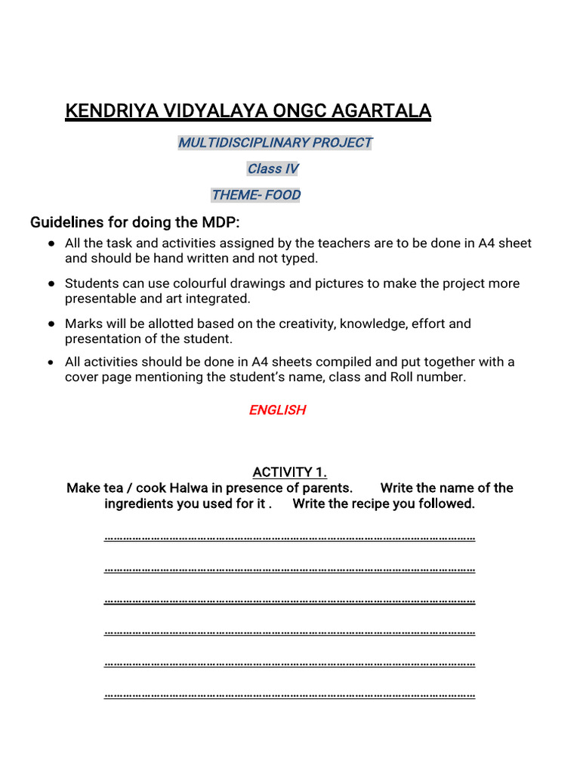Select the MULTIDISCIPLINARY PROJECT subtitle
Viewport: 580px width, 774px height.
[x=275, y=142]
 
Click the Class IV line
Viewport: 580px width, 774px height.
[x=273, y=169]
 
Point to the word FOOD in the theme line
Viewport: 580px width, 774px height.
[x=282, y=195]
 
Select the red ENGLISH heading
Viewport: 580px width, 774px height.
[x=277, y=410]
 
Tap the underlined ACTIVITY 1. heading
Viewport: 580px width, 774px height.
[x=289, y=472]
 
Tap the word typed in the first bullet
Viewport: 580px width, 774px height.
[x=301, y=259]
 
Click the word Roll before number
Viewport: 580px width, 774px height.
[x=404, y=377]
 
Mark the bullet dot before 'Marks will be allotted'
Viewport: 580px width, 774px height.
[x=51, y=324]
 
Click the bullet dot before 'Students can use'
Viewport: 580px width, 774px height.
[x=51, y=283]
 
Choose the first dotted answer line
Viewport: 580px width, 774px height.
[x=289, y=539]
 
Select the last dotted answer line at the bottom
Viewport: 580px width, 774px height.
[x=289, y=695]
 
